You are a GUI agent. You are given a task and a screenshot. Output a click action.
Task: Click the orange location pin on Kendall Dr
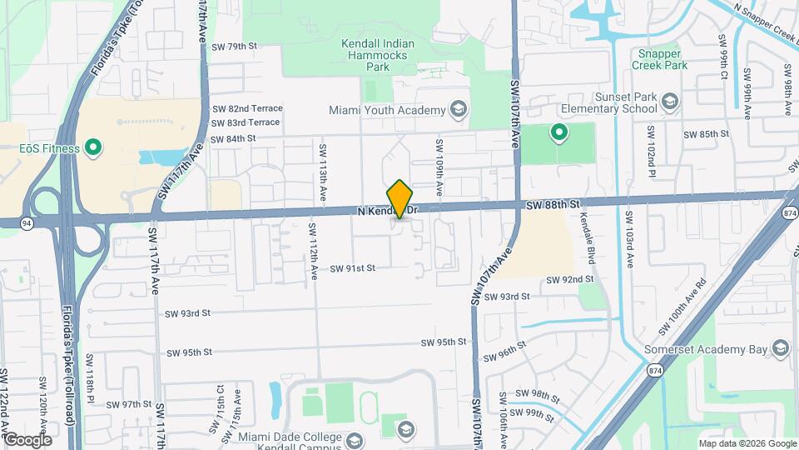(400, 199)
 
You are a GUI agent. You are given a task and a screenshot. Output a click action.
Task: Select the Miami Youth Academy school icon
(457, 109)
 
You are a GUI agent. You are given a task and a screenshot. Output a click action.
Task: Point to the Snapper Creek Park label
(659, 57)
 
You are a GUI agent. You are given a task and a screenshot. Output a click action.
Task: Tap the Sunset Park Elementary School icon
(669, 104)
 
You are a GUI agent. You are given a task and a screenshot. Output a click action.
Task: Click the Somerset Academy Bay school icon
(780, 348)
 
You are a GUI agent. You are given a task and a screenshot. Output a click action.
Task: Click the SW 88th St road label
(552, 204)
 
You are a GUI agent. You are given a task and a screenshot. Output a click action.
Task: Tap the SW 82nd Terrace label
(247, 108)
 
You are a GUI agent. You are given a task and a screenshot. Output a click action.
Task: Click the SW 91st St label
(353, 268)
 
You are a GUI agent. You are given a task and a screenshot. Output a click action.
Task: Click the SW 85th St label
(706, 134)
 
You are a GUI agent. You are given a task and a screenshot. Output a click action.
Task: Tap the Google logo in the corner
(27, 439)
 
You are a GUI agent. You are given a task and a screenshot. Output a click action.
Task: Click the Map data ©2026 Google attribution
(747, 443)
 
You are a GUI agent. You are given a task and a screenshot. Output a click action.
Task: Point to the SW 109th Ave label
(438, 162)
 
